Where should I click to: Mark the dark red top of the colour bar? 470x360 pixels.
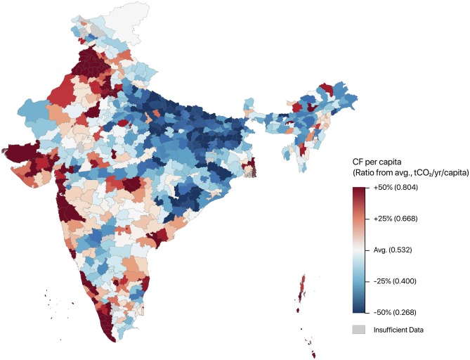[x=360, y=191]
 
